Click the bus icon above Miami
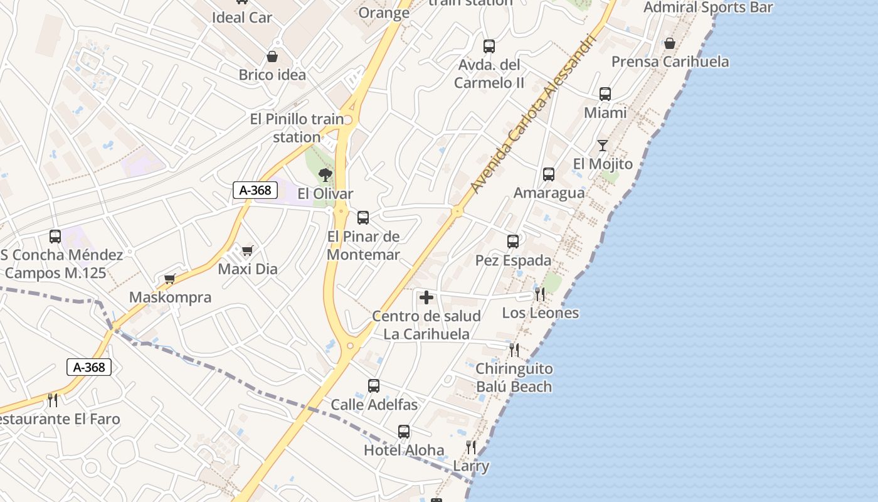coord(605,94)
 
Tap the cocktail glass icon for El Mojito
coord(603,146)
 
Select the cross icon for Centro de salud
coord(426,297)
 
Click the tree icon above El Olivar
coord(325,175)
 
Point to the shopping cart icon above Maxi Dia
coord(248,250)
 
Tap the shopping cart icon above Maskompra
coord(170,279)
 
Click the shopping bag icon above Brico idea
coord(272,56)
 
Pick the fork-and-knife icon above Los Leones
coord(539,294)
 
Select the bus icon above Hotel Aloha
coord(404,432)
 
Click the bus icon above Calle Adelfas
coord(374,386)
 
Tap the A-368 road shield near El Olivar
coord(255,190)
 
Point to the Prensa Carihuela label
coord(670,61)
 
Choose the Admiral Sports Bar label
coord(708,8)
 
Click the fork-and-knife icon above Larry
coord(470,447)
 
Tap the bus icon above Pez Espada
coord(513,242)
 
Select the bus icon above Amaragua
coord(549,174)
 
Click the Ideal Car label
coord(242,18)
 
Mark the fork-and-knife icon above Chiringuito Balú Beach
coord(514,350)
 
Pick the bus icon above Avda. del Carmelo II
coord(489,46)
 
